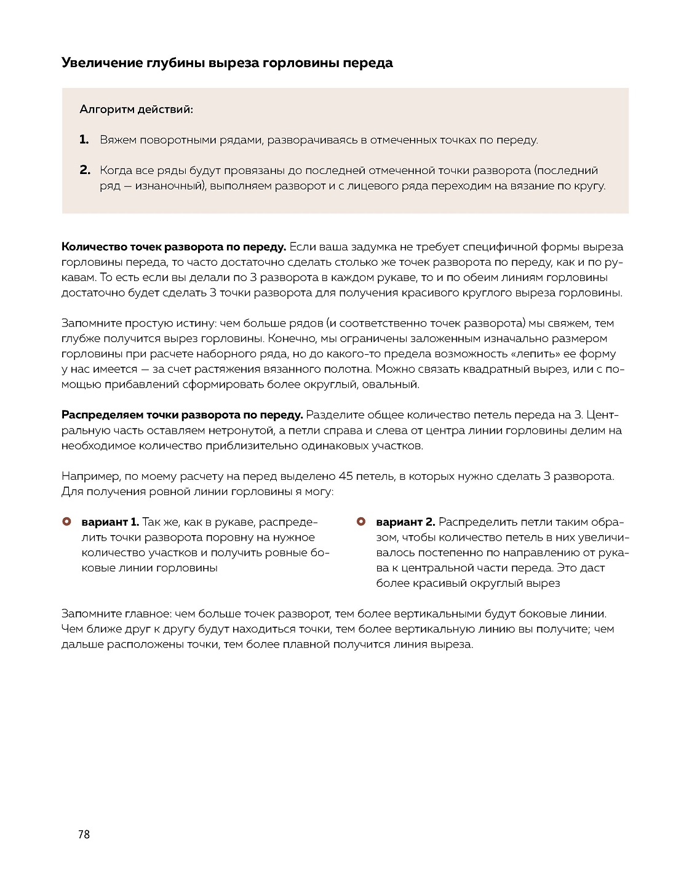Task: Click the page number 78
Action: (84, 835)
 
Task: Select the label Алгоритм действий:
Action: (137, 109)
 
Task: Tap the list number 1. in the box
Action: (85, 140)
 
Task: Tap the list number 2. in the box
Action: (85, 170)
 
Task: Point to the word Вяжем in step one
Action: (118, 140)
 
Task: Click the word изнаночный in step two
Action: (167, 186)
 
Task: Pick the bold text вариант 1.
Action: (110, 522)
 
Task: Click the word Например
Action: (89, 477)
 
